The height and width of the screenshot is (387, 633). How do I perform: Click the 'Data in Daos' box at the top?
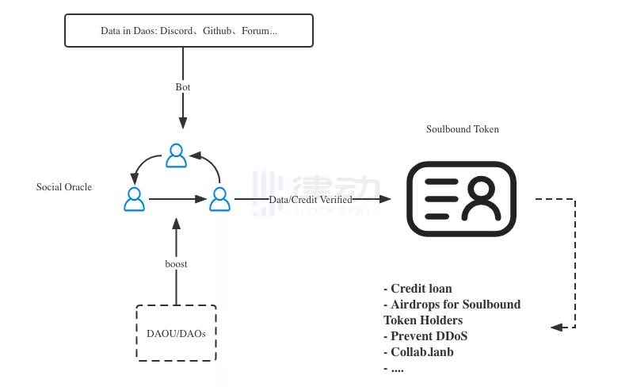[x=189, y=30]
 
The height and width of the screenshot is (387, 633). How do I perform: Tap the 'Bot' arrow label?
[x=183, y=86]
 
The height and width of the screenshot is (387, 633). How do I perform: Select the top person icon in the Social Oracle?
[x=176, y=155]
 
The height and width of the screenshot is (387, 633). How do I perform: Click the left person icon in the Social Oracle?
[x=135, y=198]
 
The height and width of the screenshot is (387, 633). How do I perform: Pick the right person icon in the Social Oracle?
[x=219, y=198]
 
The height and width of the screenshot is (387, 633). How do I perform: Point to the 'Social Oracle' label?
[x=64, y=187]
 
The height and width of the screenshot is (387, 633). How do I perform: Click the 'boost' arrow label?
[x=176, y=263]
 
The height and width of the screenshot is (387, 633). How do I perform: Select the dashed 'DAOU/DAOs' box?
[x=176, y=333]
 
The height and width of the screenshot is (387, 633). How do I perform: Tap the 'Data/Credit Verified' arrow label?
[x=311, y=200]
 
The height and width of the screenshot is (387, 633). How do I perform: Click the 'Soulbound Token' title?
[x=463, y=129]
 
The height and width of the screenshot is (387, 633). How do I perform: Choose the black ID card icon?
[x=462, y=198]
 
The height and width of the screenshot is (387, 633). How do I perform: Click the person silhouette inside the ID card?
[x=483, y=198]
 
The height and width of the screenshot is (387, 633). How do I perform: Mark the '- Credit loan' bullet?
[x=418, y=289]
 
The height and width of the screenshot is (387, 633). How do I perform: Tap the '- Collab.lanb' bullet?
[x=418, y=352]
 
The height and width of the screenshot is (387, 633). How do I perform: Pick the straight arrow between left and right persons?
[x=177, y=199]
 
